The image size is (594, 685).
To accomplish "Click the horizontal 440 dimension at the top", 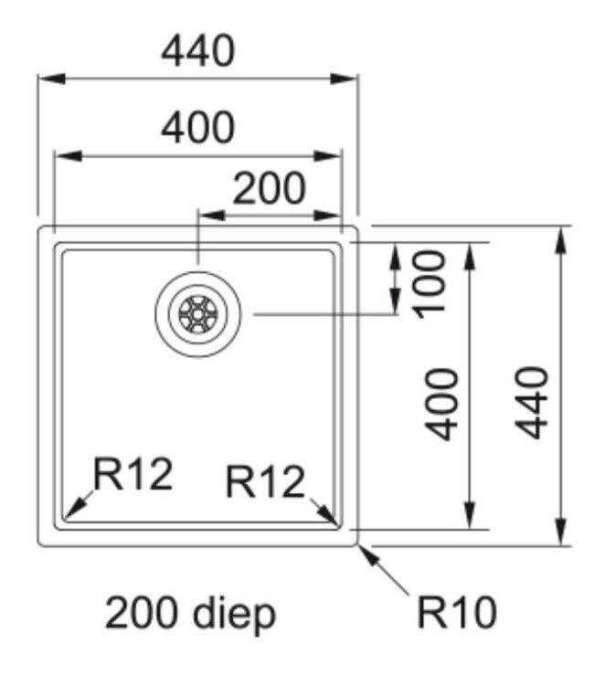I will (197, 52).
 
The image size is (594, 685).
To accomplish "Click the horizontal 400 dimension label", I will (197, 129).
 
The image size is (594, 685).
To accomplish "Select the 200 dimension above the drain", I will (270, 189).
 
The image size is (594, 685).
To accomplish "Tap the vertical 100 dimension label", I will (429, 281).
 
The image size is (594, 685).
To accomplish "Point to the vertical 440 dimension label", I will (532, 403).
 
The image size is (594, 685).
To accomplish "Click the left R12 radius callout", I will (134, 475).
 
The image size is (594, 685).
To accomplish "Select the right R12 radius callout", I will (265, 481).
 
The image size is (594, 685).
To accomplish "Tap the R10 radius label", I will (457, 613).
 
